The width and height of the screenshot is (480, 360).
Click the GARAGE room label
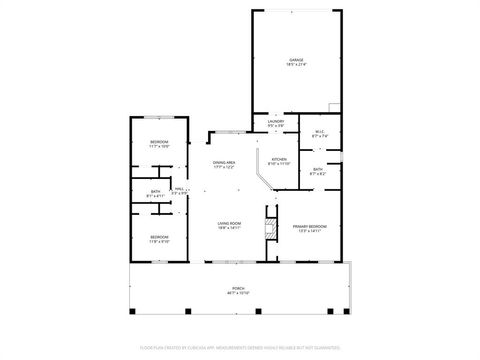[x=296, y=60]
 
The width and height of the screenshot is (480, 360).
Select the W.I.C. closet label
[x=320, y=131]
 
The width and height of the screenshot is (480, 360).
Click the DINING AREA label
[x=223, y=162]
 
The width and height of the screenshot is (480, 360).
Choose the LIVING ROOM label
[x=230, y=223]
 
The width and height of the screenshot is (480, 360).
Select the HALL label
[x=180, y=189]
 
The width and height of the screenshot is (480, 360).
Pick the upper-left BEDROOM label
[x=160, y=143]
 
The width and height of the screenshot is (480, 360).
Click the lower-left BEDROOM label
[x=160, y=237]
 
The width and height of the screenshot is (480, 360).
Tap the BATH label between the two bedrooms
[x=156, y=191]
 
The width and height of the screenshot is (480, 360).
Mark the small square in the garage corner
[x=334, y=107]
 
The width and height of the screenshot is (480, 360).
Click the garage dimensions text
[x=296, y=65]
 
